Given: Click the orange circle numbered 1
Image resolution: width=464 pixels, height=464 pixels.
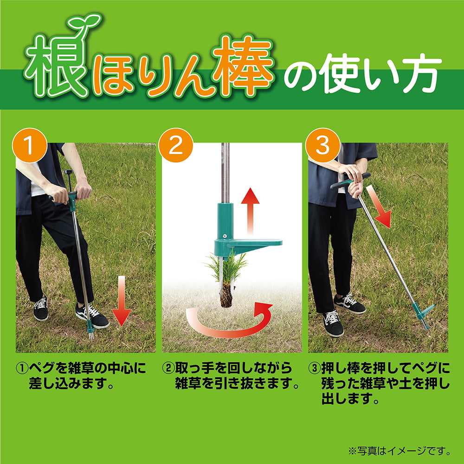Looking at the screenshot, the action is (x=30, y=145).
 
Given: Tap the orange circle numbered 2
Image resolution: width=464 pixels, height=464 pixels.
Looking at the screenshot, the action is (x=176, y=145).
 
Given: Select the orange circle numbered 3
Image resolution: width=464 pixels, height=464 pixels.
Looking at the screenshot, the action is (x=322, y=145).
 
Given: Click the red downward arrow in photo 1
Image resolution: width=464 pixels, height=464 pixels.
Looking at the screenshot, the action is (x=121, y=300).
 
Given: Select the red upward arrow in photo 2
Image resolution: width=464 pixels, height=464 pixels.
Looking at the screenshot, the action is (x=250, y=211).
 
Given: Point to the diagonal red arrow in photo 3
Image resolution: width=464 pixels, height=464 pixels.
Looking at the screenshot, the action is (x=379, y=206).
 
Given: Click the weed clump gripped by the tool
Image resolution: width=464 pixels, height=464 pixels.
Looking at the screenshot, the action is (x=226, y=278).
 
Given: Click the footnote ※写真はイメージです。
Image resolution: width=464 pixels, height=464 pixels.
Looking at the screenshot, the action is (x=399, y=451).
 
